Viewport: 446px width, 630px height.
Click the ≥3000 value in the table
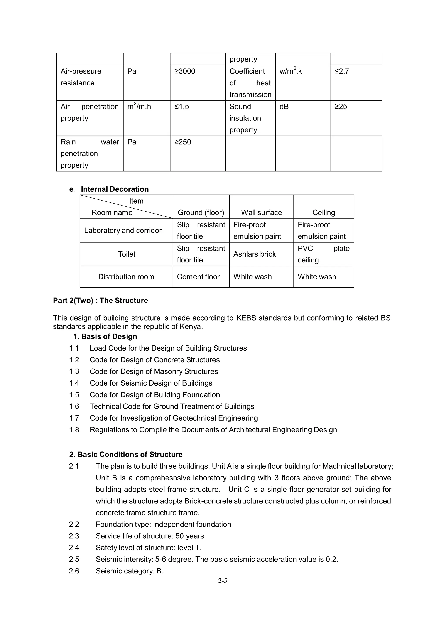click(x=185, y=71)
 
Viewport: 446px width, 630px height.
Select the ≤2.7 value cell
click(x=341, y=71)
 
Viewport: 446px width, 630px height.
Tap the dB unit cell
click(x=284, y=107)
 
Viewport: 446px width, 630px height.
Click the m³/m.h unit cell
click(x=139, y=107)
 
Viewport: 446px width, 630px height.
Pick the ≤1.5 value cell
click(x=182, y=107)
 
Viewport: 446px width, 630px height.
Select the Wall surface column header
click(x=261, y=212)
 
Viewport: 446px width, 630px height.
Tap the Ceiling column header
click(x=323, y=212)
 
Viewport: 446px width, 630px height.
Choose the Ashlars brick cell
click(x=254, y=254)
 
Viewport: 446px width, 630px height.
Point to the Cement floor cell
click(x=198, y=277)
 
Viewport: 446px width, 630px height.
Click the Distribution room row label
click(x=126, y=277)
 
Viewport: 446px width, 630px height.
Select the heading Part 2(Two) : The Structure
click(x=100, y=301)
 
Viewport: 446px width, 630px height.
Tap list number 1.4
click(x=74, y=383)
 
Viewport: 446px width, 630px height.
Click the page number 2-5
click(x=223, y=581)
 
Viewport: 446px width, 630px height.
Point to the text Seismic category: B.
click(x=129, y=571)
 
